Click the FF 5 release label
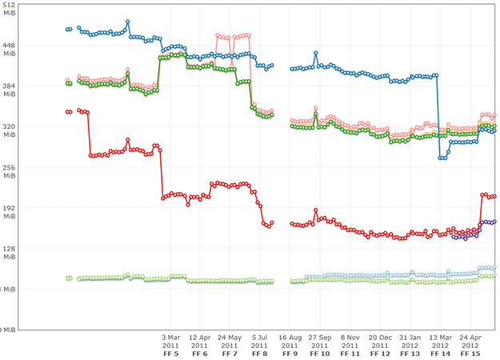(170, 353)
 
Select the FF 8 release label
(260, 353)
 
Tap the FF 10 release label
(319, 353)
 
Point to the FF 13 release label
(410, 353)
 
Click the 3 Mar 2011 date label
(170, 341)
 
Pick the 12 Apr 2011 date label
(199, 341)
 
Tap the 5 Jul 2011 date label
(260, 341)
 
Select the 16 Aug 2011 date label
(290, 341)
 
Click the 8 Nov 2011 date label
(350, 341)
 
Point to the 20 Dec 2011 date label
(380, 341)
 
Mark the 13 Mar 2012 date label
(440, 341)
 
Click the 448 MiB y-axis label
(10, 50)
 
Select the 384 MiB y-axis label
(10, 90)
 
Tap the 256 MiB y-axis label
(10, 172)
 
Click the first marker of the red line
(67, 112)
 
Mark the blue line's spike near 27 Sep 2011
(316, 54)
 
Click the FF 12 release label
(380, 353)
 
